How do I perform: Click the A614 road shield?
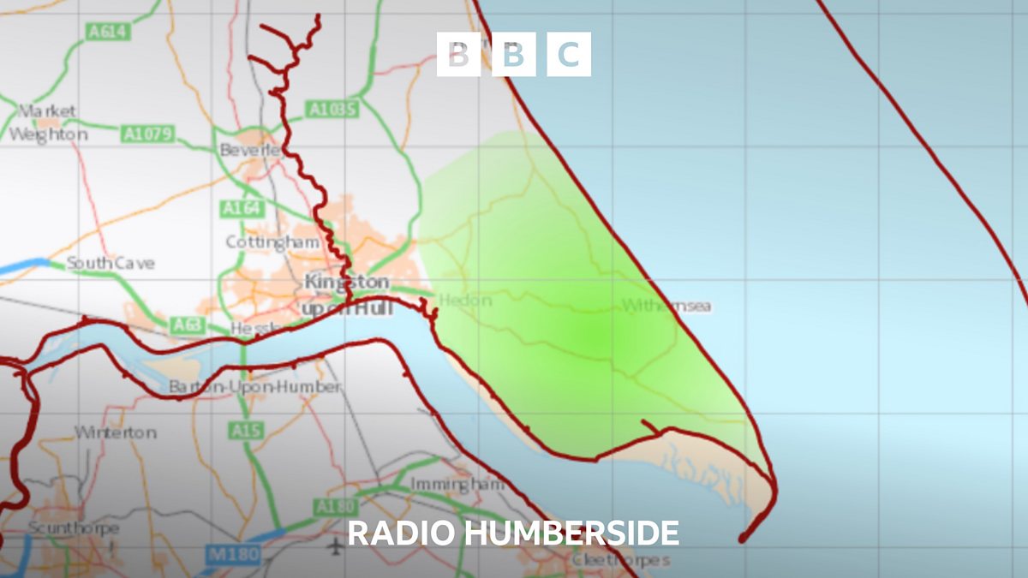coord(106,32)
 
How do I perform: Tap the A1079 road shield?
coord(148,134)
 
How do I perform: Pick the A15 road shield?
coord(245,431)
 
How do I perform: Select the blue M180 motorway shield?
coord(233,555)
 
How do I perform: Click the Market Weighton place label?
coord(48,123)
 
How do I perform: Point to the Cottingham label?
coord(272,242)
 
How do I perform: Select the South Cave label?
coord(111,264)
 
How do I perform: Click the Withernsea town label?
coord(666,306)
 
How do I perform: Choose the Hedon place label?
coord(465,301)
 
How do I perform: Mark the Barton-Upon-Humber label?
coord(254,387)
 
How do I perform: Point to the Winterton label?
coord(116,432)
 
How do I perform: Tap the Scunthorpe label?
coord(73,528)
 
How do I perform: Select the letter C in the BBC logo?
coord(569,55)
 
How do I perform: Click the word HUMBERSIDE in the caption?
coord(572,533)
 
